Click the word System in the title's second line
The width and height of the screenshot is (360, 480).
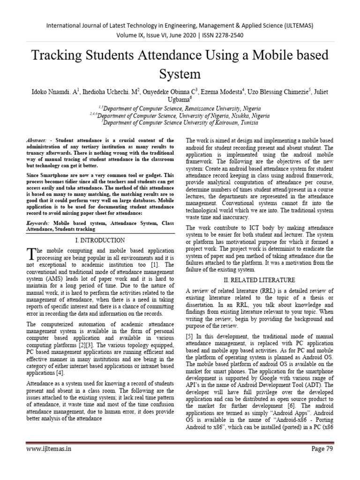pos(180,74)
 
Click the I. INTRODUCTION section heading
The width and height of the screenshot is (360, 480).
pos(100,240)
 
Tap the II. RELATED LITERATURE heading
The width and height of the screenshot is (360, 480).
pos(260,280)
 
